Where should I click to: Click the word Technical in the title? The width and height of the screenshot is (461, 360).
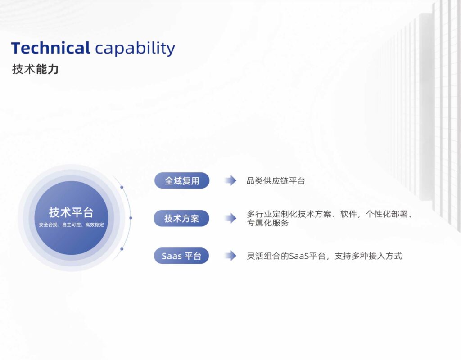50,48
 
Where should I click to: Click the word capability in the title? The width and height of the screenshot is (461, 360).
135,49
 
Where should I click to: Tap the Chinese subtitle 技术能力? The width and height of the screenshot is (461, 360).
35,69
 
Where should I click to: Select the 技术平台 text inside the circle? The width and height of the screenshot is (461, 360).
71,212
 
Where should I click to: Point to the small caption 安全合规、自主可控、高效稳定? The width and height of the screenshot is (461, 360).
72,225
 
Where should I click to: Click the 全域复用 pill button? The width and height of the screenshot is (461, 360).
182,180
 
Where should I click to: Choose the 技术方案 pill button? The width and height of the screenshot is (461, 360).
181,218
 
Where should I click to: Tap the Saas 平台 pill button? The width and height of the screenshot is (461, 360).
181,256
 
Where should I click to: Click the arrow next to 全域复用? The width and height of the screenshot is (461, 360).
230,180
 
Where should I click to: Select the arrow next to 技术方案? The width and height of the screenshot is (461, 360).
230,218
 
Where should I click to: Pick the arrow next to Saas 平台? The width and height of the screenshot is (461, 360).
230,256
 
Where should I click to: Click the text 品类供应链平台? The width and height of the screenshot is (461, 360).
276,181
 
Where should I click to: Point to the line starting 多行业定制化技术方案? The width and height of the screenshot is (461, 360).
330,214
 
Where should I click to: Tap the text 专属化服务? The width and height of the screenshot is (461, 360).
268,223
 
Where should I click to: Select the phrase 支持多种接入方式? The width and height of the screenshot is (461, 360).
368,256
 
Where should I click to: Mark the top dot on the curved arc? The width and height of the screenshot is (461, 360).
122,187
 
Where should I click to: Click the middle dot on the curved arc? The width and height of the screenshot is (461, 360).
131,218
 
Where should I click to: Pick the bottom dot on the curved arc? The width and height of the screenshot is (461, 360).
122,249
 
